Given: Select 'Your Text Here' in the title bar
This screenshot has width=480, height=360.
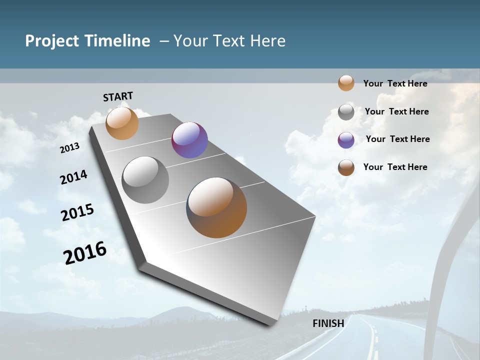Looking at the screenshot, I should point(229,41).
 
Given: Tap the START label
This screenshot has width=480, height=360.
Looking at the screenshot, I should point(118,96).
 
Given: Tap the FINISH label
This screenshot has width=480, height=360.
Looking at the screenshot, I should point(328,323).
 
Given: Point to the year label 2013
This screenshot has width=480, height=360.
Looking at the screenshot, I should point(69,148).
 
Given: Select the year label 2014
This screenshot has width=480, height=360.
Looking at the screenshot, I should point(73,177).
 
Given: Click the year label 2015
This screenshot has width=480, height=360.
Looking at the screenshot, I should point(77,212).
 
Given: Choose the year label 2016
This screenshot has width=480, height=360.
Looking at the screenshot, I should point(85,253).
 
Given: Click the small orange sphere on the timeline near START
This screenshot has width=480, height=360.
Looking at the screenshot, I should point(122,123).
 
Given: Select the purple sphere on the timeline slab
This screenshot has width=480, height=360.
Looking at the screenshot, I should point(189,140).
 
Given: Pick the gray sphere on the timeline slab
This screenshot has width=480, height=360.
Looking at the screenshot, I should point(145,180).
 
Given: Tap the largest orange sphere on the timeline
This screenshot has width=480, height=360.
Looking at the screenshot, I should point(216,207).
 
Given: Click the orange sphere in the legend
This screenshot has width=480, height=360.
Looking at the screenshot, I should point(346,83).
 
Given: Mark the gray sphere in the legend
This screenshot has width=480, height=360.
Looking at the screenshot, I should point(346,112).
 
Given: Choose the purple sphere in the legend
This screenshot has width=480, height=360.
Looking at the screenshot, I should point(346,140).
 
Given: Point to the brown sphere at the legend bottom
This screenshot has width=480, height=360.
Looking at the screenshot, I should point(346,167).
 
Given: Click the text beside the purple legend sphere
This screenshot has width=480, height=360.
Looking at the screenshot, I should point(397,139).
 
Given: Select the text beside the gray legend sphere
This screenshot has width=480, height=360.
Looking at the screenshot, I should point(396,111).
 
